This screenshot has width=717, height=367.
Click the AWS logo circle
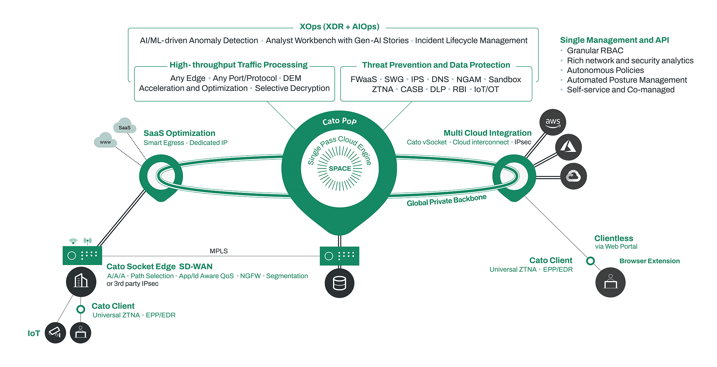click(x=553, y=122)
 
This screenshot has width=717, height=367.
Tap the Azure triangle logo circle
click(x=568, y=147)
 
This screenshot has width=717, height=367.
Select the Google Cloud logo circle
click(x=573, y=176)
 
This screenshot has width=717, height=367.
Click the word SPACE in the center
click(x=340, y=168)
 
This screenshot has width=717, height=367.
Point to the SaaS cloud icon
click(x=124, y=126)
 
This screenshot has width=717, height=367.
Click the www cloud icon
click(x=105, y=141)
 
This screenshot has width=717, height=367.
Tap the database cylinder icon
click(x=339, y=283)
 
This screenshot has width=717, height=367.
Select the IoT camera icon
click(x=55, y=333)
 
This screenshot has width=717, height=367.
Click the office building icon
click(x=81, y=281)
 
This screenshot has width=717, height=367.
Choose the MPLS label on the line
click(x=219, y=251)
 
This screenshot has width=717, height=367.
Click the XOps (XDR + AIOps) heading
click(x=339, y=27)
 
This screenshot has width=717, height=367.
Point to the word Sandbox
click(x=505, y=80)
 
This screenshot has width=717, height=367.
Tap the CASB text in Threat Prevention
click(x=412, y=90)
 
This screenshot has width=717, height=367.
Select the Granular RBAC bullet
click(x=595, y=51)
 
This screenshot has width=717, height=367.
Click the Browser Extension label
click(x=649, y=261)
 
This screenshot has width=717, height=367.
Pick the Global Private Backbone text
click(x=446, y=200)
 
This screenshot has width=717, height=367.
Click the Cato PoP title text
click(x=339, y=121)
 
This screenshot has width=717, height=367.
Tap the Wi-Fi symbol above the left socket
click(x=73, y=241)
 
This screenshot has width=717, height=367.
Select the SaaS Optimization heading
click(x=179, y=133)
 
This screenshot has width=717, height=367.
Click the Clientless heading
click(x=614, y=238)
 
